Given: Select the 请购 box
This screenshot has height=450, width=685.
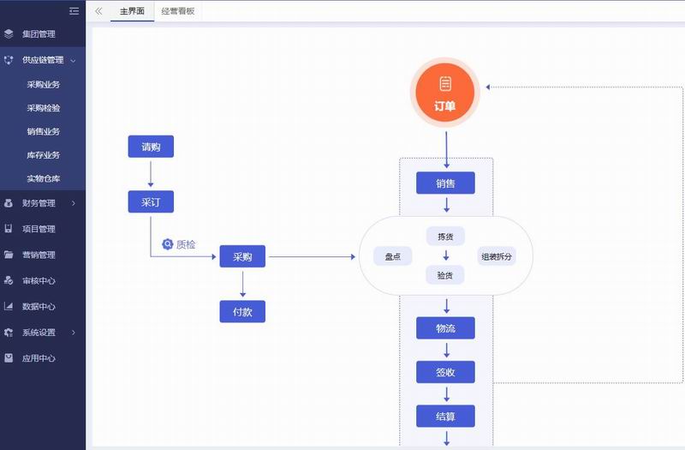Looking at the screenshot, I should pyautogui.click(x=151, y=147).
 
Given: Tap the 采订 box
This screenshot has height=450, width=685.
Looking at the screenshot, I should pyautogui.click(x=151, y=201).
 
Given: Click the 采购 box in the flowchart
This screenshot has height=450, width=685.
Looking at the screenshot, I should pyautogui.click(x=242, y=256).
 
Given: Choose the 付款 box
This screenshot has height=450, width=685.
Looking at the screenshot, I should pyautogui.click(x=242, y=311).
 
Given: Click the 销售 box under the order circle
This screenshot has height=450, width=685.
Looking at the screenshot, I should pyautogui.click(x=445, y=183).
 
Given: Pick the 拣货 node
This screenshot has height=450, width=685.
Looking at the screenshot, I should pyautogui.click(x=445, y=236).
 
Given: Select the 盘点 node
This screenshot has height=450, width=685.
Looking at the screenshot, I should pyautogui.click(x=393, y=255).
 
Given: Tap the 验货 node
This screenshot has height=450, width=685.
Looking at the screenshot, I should pyautogui.click(x=445, y=274).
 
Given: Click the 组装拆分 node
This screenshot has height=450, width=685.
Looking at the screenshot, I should pyautogui.click(x=497, y=255).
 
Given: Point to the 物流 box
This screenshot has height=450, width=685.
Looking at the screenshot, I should pyautogui.click(x=445, y=328).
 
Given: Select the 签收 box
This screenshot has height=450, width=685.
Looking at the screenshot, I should pyautogui.click(x=445, y=372).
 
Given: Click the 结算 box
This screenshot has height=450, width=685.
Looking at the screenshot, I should pyautogui.click(x=445, y=417).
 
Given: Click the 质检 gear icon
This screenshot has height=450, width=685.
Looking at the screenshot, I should pyautogui.click(x=168, y=244).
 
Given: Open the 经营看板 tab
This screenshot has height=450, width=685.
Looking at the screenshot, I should pyautogui.click(x=178, y=11).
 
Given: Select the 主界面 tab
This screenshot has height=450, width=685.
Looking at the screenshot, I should pyautogui.click(x=132, y=11).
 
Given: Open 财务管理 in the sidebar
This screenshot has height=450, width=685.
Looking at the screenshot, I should pyautogui.click(x=39, y=203).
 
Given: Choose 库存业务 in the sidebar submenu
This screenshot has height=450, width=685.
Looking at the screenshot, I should pyautogui.click(x=44, y=155).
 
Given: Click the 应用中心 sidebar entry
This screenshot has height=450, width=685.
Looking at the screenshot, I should pyautogui.click(x=39, y=357).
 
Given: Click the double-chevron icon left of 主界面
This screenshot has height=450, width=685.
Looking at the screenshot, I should pyautogui.click(x=98, y=11).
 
